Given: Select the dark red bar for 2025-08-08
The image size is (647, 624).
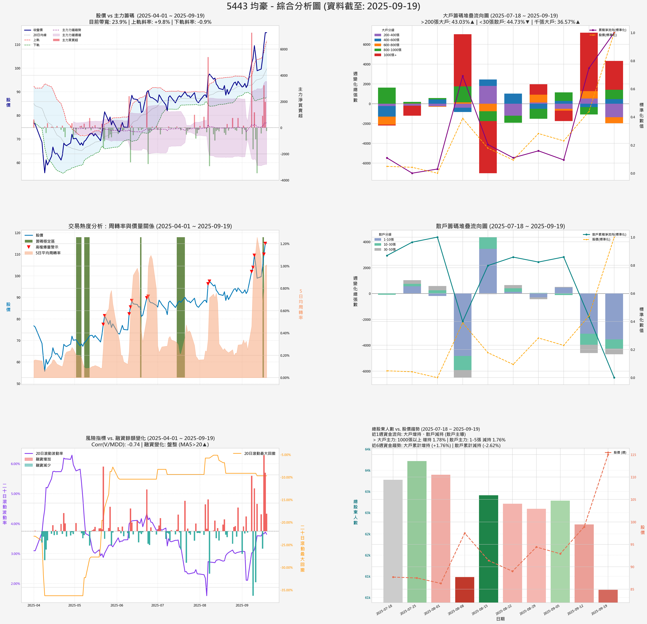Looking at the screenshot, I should pos(464,589).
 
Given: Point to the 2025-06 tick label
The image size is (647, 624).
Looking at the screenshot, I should pos(116,605).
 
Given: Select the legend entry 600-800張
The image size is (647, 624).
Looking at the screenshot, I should pos(391,45).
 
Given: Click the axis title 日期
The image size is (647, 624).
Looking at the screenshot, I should pos(500,619).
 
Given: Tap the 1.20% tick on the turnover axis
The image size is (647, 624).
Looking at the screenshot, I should pos(285,244).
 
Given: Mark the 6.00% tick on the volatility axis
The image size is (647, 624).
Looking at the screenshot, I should pos(15,464).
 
